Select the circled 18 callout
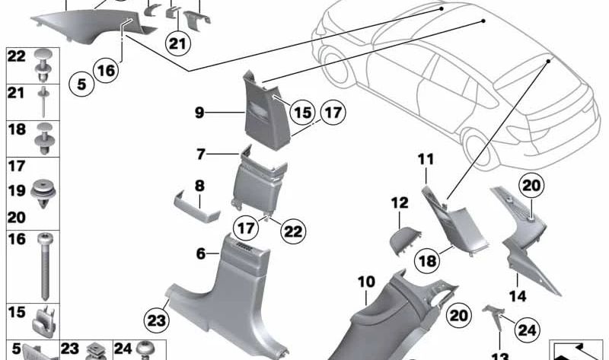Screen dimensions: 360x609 pyautogui.click(x=428, y=261)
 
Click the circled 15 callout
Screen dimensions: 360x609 pyautogui.click(x=304, y=113)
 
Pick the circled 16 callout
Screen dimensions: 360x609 pyautogui.click(x=107, y=71)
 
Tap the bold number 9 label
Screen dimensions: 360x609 pyautogui.click(x=199, y=113)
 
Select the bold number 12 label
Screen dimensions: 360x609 pyautogui.click(x=400, y=203)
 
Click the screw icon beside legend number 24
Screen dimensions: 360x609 pyautogui.click(x=145, y=350)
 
